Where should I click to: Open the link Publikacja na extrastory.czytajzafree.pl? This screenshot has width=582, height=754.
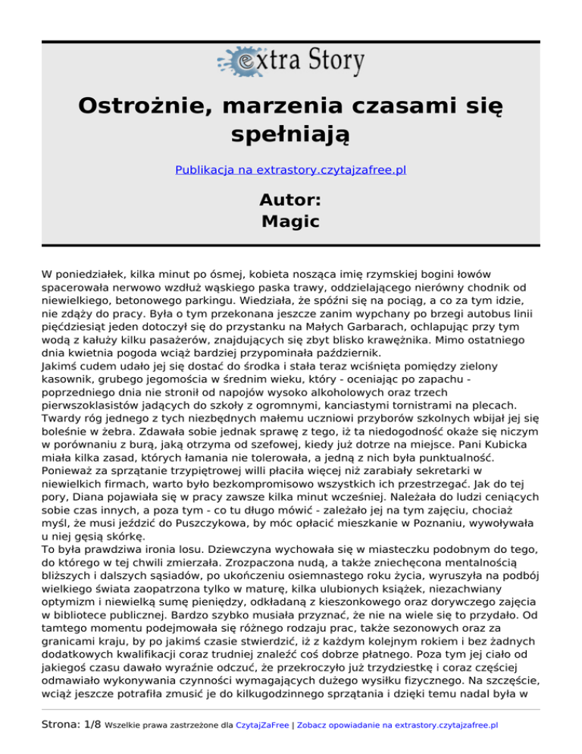point(291,170)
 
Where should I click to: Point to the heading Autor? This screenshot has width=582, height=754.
point(291,200)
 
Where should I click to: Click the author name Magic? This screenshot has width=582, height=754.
point(291,221)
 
